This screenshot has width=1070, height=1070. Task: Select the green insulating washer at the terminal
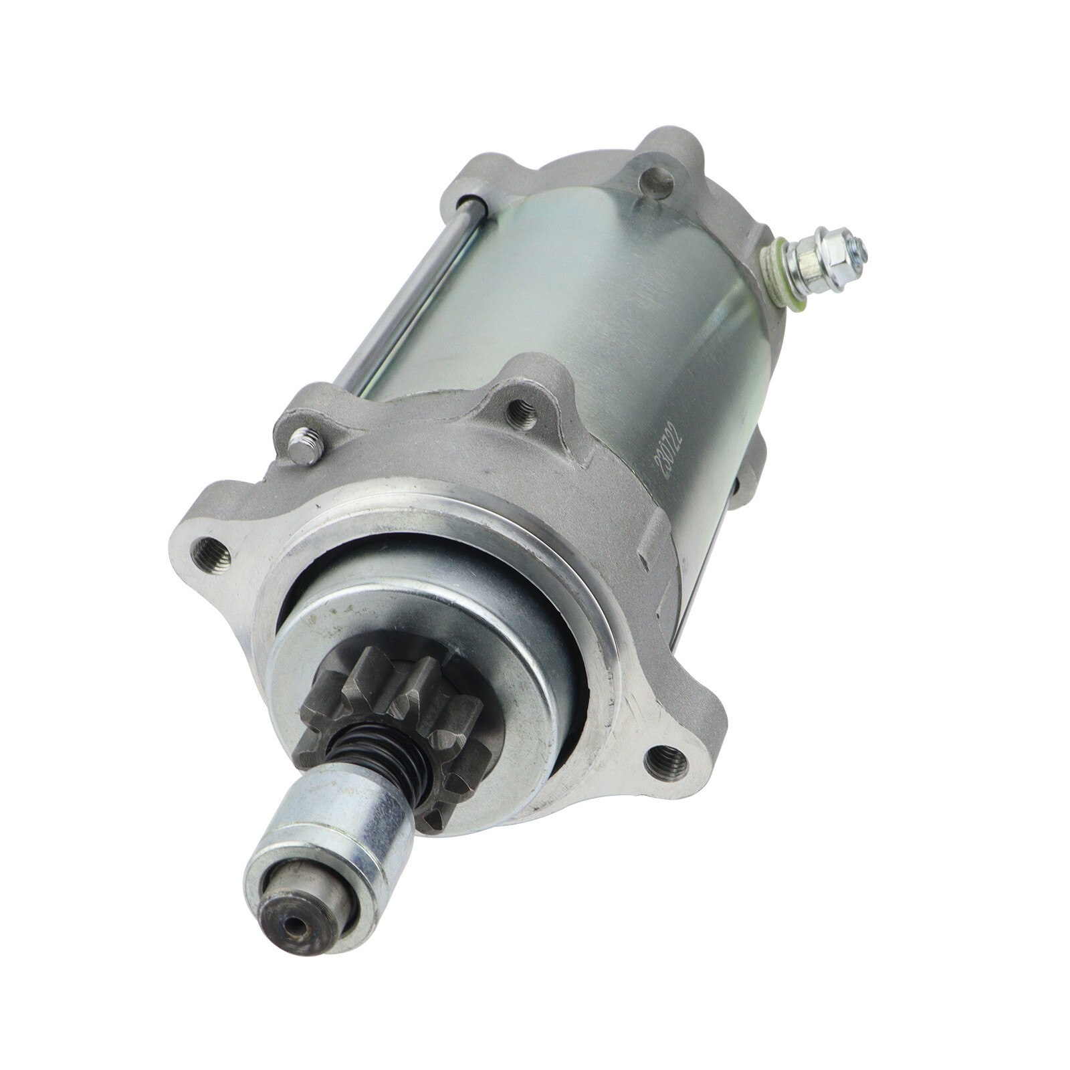(x=783, y=272)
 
